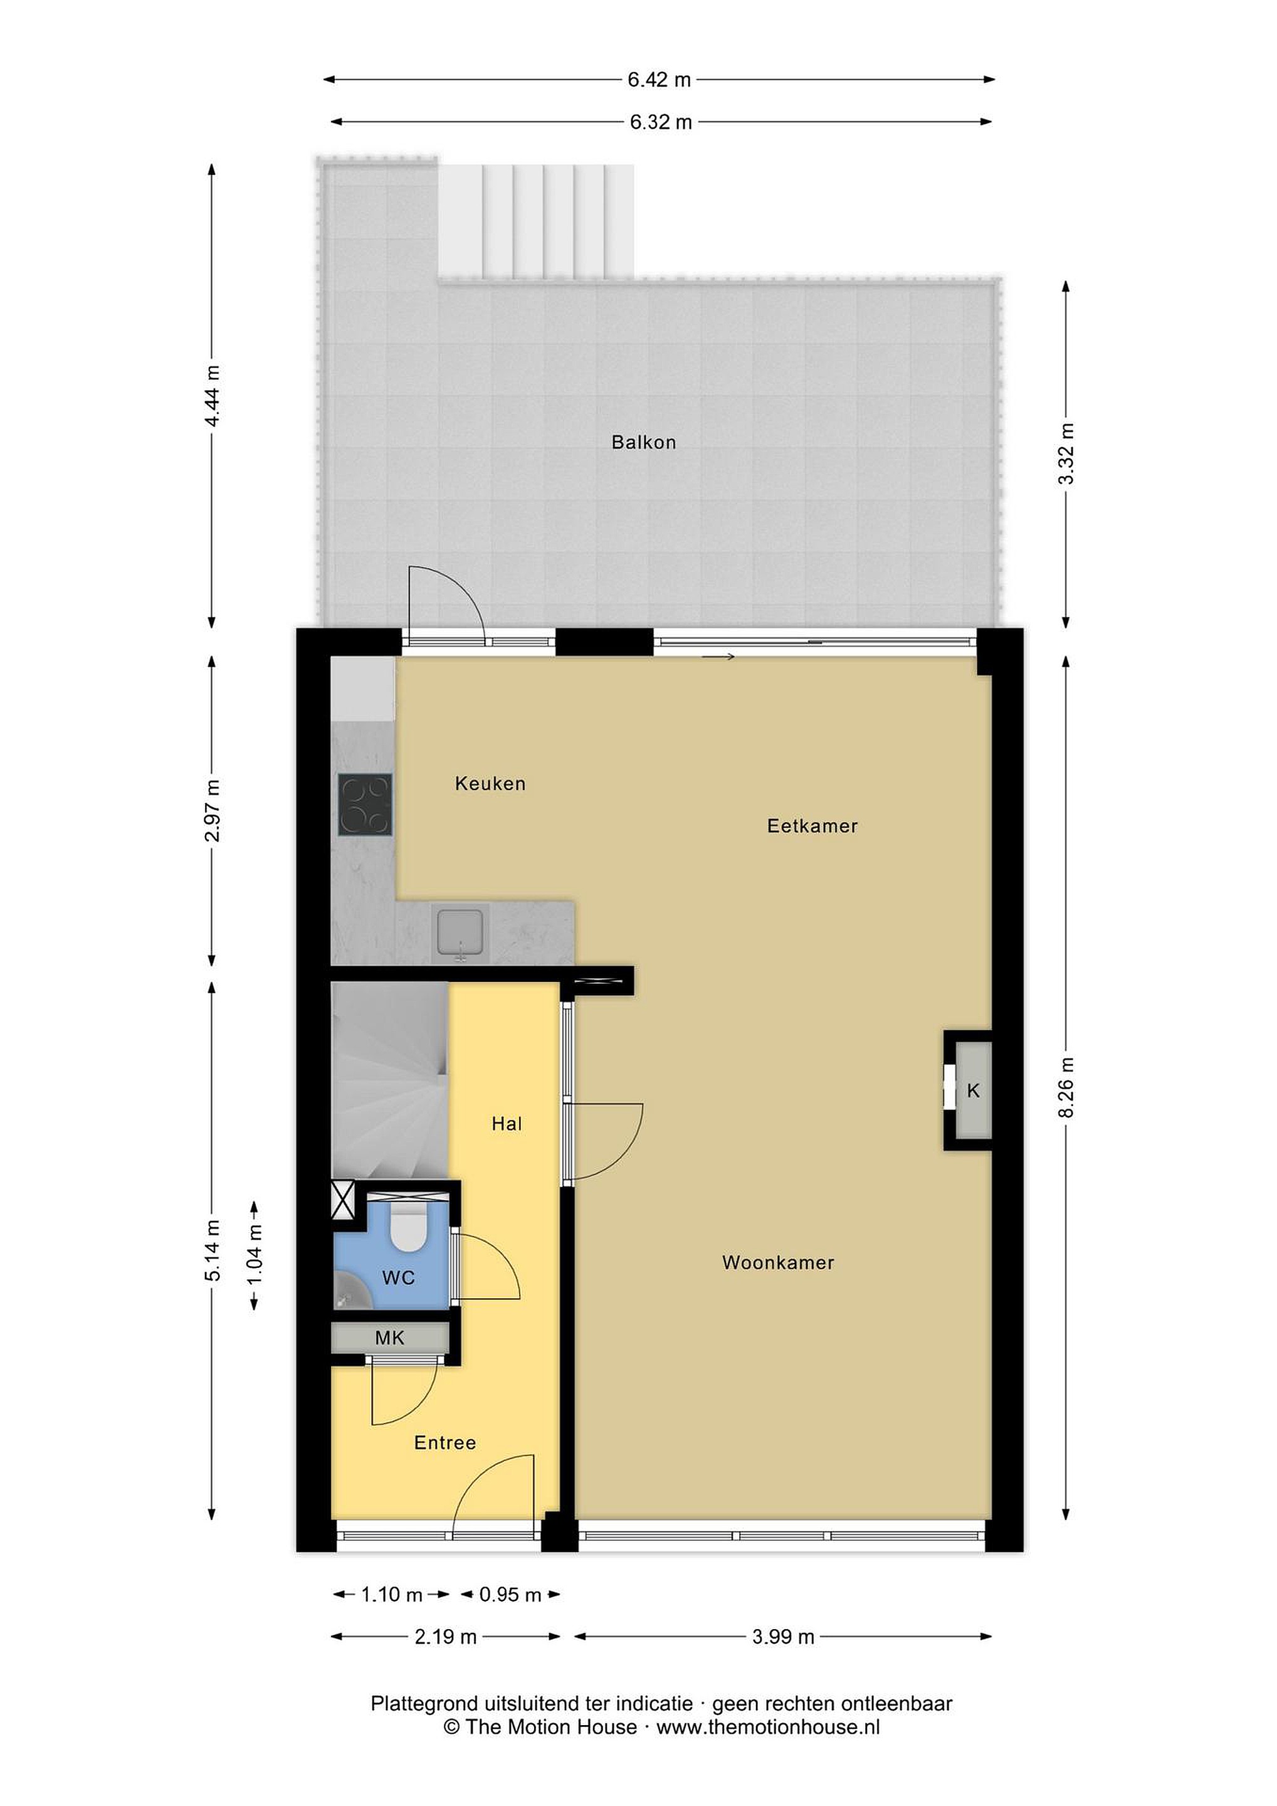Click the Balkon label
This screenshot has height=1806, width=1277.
pyautogui.click(x=643, y=442)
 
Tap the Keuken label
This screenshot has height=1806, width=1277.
pyautogui.click(x=490, y=783)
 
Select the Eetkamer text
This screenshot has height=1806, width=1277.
pyautogui.click(x=812, y=826)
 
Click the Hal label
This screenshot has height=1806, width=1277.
pyautogui.click(x=507, y=1124)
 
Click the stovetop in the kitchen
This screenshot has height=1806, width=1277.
pyautogui.click(x=365, y=804)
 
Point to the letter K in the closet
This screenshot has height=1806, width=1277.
pyautogui.click(x=974, y=1091)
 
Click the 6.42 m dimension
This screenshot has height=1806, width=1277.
pyautogui.click(x=659, y=80)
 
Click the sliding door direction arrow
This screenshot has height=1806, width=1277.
pyautogui.click(x=718, y=657)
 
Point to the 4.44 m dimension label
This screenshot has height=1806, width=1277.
pyautogui.click(x=211, y=395)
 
